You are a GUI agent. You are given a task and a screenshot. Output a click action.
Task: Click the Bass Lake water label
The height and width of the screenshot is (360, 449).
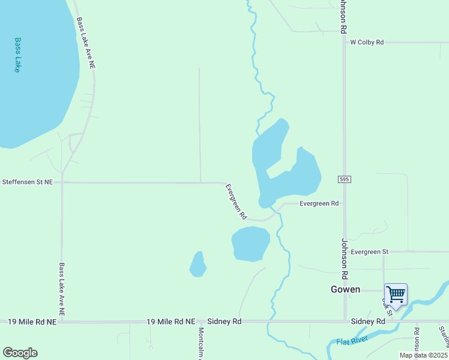17,55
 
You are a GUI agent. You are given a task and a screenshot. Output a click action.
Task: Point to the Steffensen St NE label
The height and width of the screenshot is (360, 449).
28,181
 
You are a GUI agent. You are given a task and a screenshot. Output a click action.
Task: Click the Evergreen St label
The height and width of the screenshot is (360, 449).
370,251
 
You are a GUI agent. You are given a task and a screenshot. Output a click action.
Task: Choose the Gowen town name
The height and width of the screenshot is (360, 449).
345,289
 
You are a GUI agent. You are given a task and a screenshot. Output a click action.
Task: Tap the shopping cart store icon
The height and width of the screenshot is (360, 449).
396,295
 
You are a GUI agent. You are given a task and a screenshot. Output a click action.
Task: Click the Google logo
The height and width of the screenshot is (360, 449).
20,353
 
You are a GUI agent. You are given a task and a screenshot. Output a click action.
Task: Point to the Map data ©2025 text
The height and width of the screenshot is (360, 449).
423,355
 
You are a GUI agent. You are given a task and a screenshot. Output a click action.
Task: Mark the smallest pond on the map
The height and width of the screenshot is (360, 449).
197,265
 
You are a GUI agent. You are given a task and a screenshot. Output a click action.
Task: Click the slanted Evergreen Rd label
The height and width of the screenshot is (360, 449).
236,201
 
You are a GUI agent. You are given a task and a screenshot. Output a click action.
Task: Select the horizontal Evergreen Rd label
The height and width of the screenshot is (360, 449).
319,203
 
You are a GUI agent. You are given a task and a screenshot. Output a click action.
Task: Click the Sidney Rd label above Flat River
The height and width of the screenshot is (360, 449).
368,322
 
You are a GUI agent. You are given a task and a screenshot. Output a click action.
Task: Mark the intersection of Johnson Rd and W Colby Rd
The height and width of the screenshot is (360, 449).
344,43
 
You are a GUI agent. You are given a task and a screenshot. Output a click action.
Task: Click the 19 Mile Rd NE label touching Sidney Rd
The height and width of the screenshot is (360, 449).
171,322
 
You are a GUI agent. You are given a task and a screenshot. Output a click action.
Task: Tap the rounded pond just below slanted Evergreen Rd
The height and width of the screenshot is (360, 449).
251,244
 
